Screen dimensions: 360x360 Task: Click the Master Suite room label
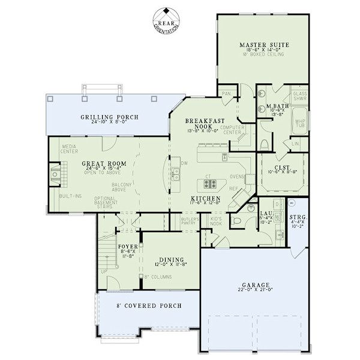pyautogui.click(x=265, y=45)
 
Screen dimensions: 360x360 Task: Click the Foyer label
pyautogui.click(x=128, y=247)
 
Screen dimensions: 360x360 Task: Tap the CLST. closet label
pyautogui.click(x=283, y=168)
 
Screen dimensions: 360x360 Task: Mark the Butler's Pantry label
pyautogui.click(x=190, y=222)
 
